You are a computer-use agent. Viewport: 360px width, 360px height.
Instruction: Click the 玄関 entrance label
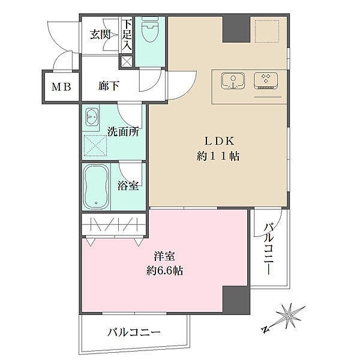click(x=101, y=35)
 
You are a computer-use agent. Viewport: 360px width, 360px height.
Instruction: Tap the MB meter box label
click(x=61, y=87)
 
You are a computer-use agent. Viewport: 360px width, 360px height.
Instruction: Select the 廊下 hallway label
click(x=109, y=86)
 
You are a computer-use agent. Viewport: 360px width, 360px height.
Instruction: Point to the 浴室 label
click(x=128, y=186)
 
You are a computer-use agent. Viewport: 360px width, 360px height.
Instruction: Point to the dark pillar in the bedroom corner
click(x=235, y=300)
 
